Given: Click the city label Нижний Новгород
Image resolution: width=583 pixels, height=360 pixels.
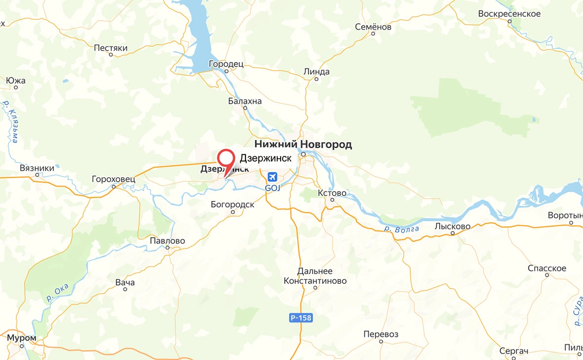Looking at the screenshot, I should pyautogui.click(x=303, y=144).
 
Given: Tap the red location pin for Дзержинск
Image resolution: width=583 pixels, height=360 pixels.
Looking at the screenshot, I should pyautogui.click(x=226, y=159).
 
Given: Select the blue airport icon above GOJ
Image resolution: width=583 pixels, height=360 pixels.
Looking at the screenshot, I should pyautogui.click(x=272, y=177).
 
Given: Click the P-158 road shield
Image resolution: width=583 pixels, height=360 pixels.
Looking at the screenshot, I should pyautogui.click(x=300, y=318).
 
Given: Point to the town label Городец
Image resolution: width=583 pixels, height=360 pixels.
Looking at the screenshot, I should pyautogui.click(x=226, y=64).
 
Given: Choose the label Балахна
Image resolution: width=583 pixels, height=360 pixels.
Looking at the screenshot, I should pyautogui.click(x=245, y=101).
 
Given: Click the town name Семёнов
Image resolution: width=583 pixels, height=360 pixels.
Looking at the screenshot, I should pyautogui.click(x=373, y=27).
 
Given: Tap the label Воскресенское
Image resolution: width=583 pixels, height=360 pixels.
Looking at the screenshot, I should pyautogui.click(x=509, y=13).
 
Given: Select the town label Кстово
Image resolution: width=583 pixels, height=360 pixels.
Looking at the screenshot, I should pyautogui.click(x=332, y=193).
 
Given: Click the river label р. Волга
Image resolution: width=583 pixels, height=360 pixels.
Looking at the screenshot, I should pyautogui.click(x=402, y=229).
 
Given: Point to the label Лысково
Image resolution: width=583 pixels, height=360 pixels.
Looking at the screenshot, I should pyautogui.click(x=453, y=226).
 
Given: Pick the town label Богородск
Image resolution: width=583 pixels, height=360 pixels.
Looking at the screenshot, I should pyautogui.click(x=232, y=204).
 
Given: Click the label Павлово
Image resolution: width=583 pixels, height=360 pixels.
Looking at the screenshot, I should pyautogui.click(x=167, y=241).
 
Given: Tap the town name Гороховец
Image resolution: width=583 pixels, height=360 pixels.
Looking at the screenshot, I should pyautogui.click(x=113, y=178).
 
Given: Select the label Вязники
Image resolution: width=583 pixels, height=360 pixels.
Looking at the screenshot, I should pyautogui.click(x=37, y=168).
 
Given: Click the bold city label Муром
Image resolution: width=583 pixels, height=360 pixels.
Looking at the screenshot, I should pyautogui.click(x=22, y=338).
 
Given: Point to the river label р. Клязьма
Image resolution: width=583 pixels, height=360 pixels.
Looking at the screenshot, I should pyautogui.click(x=11, y=121).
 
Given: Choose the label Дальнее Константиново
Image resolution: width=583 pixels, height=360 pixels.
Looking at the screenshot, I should pyautogui.click(x=315, y=276).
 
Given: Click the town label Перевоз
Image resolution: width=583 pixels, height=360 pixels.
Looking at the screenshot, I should pyautogui.click(x=381, y=334).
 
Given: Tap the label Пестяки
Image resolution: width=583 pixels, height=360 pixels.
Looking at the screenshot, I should pyautogui.click(x=111, y=48).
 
